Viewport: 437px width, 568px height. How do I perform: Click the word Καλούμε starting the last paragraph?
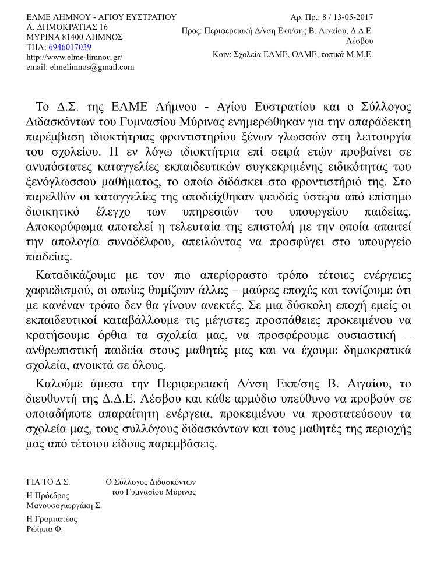coord(62,383)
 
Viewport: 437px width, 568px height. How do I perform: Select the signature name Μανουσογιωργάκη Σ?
coord(64,506)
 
